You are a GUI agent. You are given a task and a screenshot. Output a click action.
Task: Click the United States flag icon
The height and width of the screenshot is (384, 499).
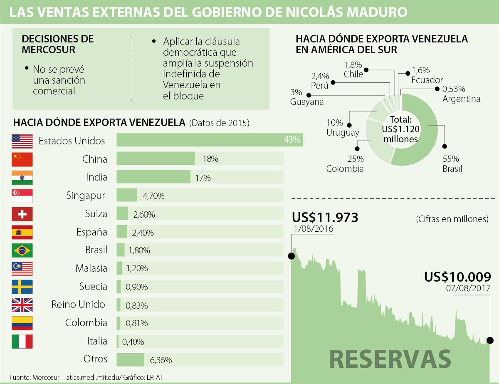pyautogui.click(x=22, y=141)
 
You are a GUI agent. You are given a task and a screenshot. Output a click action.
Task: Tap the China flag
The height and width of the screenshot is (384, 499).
pyautogui.click(x=22, y=159)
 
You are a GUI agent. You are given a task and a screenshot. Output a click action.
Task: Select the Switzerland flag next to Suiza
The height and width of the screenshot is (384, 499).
pyautogui.click(x=22, y=214)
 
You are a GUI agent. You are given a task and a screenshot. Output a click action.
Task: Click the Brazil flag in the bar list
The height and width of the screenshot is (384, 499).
pyautogui.click(x=22, y=250)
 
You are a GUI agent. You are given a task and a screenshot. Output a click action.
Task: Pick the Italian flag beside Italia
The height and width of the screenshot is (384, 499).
pyautogui.click(x=22, y=342)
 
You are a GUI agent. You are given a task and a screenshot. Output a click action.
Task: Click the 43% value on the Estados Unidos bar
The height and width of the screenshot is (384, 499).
pyautogui.click(x=291, y=140)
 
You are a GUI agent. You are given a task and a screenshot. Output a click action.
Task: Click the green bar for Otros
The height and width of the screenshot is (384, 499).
pyautogui.click(x=130, y=359)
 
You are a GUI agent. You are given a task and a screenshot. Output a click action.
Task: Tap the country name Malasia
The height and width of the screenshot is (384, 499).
pyautogui.click(x=91, y=268)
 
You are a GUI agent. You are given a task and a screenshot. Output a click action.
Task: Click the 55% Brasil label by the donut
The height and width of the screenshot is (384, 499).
pyautogui.click(x=452, y=164)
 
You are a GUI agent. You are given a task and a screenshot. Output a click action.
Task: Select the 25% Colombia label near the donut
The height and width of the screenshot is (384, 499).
pyautogui.click(x=345, y=164)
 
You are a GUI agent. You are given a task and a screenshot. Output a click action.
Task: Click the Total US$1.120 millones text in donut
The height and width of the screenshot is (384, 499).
pyautogui.click(x=400, y=129)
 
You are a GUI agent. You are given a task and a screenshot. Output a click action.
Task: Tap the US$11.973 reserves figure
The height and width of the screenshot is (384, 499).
pyautogui.click(x=325, y=218)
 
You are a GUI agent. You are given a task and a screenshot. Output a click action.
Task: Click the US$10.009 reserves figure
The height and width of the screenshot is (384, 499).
pyautogui.click(x=457, y=277)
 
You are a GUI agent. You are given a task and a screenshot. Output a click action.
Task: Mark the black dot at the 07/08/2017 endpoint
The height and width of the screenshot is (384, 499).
pyautogui.click(x=490, y=340)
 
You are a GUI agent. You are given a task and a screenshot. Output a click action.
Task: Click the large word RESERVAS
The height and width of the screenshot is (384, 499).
pyautogui.click(x=390, y=359)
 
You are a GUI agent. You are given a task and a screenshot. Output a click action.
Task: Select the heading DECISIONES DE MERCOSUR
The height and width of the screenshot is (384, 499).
pyautogui.click(x=57, y=45)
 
